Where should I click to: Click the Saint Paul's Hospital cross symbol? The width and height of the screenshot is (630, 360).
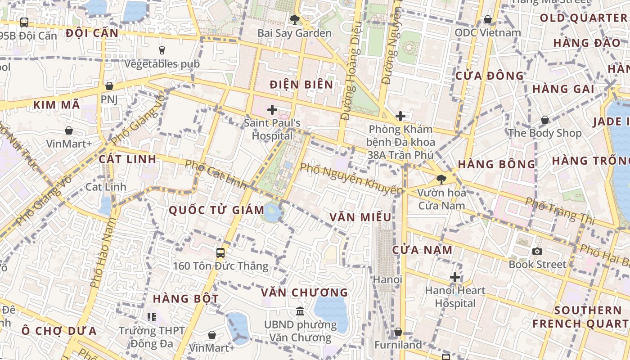click(x=272, y=109)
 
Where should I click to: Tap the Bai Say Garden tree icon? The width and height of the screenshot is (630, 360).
click(x=295, y=19)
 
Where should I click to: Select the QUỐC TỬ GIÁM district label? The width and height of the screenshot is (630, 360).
click(x=216, y=210)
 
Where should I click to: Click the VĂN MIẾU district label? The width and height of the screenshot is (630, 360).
click(x=360, y=217)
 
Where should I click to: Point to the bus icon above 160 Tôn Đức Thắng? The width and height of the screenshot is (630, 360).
click(x=220, y=252)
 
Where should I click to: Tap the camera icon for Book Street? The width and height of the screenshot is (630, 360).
click(x=537, y=251)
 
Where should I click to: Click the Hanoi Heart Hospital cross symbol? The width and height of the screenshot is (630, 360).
click(x=455, y=277)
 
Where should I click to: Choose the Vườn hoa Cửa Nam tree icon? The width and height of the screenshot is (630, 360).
click(x=441, y=180)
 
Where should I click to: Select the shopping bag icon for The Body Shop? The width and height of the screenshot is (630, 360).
click(x=544, y=120)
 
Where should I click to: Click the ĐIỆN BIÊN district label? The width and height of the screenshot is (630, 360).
click(x=301, y=85)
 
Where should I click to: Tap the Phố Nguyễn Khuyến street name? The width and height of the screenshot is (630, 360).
click(x=351, y=179)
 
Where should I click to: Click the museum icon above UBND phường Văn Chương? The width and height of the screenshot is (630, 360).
click(x=300, y=311)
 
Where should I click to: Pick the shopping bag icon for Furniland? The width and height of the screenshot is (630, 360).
click(x=398, y=332)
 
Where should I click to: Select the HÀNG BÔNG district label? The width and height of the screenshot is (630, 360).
click(x=496, y=164)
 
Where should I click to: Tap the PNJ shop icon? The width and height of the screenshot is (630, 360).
click(x=109, y=86)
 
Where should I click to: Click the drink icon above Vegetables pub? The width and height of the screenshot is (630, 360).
click(x=162, y=50)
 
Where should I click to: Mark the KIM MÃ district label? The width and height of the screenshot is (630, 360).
click(x=57, y=105)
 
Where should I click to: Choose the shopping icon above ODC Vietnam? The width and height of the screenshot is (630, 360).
click(x=487, y=19)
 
